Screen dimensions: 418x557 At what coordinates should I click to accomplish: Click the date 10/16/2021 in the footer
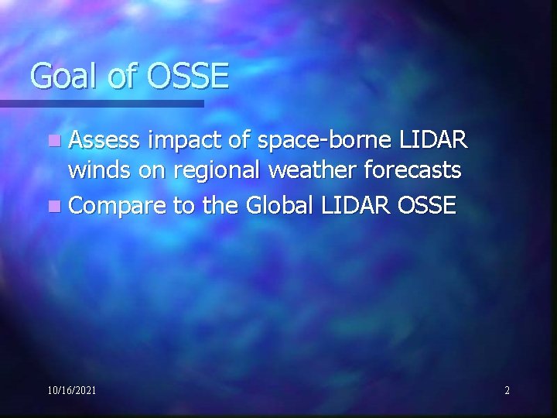[72, 391]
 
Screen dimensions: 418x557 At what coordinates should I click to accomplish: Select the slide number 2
[507, 391]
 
